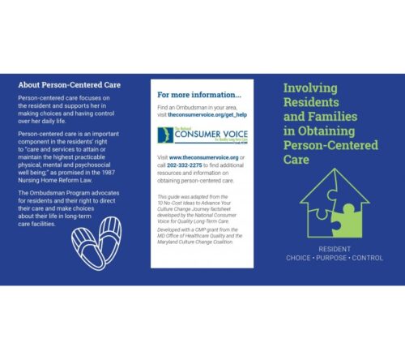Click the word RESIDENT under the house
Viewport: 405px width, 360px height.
point(335,248)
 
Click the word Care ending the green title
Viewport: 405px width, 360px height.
point(296,160)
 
